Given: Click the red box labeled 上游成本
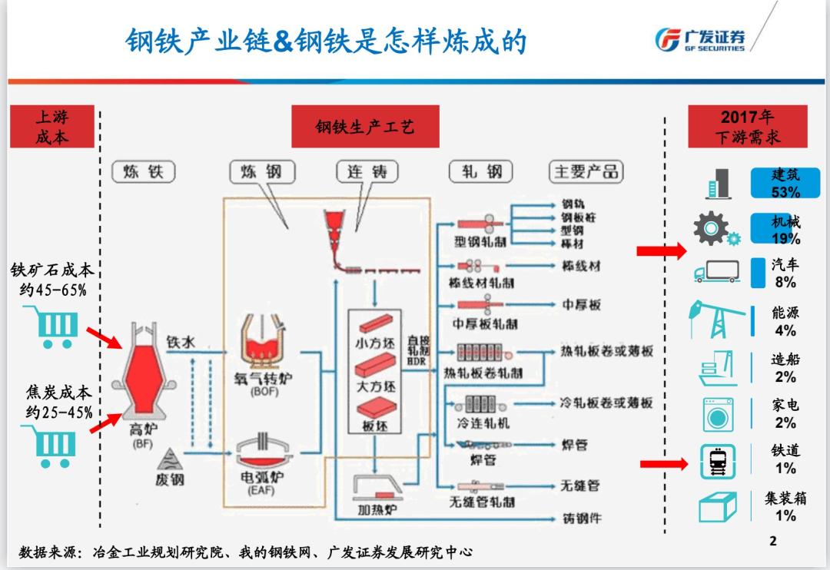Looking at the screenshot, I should [51, 127].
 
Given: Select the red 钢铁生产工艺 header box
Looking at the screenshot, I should [365, 127].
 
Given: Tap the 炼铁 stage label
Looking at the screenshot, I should [144, 171].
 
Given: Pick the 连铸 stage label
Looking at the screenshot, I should [367, 171].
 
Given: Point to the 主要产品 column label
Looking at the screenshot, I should [586, 171].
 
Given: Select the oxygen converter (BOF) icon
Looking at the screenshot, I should [263, 341].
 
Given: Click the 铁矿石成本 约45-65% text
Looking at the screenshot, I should [52, 280].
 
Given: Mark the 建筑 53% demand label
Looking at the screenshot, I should [785, 183].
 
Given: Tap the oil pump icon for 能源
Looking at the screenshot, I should [716, 319].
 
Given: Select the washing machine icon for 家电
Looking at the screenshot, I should [718, 415].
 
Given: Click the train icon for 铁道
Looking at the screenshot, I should [718, 462].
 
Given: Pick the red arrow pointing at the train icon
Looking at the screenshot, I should [664, 463].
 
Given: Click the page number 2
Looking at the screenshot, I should [773, 541].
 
